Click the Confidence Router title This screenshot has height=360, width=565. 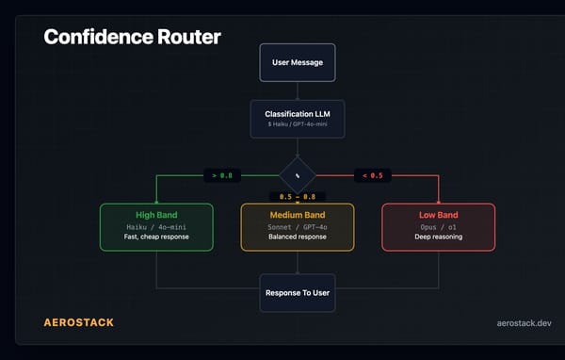click(132, 38)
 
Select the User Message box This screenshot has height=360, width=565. click(298, 62)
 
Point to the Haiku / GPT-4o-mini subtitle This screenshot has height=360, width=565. click(298, 124)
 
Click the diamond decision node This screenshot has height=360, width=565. click(298, 174)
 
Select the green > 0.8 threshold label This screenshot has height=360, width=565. click(224, 174)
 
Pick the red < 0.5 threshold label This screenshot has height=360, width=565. click(371, 174)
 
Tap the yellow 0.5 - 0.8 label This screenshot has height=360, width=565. click(298, 197)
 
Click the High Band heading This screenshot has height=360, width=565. click(156, 215)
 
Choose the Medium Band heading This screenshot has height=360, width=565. click(298, 215)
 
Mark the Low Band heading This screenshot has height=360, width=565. click(439, 215)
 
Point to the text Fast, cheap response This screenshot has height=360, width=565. click(156, 237)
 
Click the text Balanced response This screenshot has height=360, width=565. click(298, 237)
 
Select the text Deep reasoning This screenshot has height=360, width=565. click(439, 237)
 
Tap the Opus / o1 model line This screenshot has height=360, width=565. click(439, 226)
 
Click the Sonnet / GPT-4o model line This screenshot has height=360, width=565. click(298, 226)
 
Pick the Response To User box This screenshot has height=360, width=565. click(298, 292)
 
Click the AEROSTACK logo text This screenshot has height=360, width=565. click(78, 322)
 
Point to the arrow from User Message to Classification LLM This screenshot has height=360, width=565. click(298, 90)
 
